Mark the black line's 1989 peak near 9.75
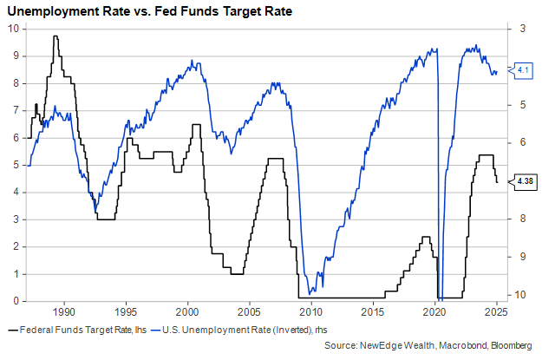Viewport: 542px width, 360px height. pyautogui.click(x=56, y=36)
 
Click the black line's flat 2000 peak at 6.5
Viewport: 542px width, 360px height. pyautogui.click(x=195, y=125)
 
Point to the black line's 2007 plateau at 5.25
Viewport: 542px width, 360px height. pyautogui.click(x=275, y=159)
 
